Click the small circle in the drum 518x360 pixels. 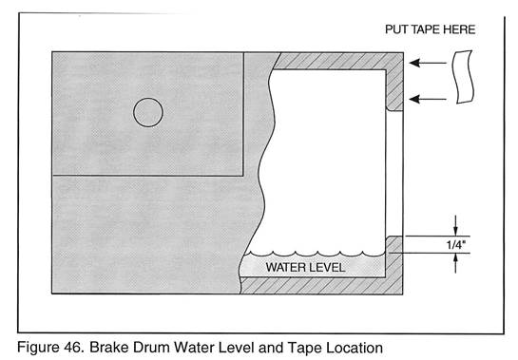[148, 98]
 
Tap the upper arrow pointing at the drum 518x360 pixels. [428, 63]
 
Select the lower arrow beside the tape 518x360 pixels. [428, 99]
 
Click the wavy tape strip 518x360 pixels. [464, 77]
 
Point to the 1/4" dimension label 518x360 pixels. [456, 245]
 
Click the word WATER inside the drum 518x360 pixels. [285, 267]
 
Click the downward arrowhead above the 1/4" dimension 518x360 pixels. [456, 231]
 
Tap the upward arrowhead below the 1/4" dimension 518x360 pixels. [456, 258]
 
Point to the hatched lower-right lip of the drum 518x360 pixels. [394, 264]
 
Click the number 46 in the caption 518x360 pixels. [73, 348]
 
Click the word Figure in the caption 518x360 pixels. [37, 348]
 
